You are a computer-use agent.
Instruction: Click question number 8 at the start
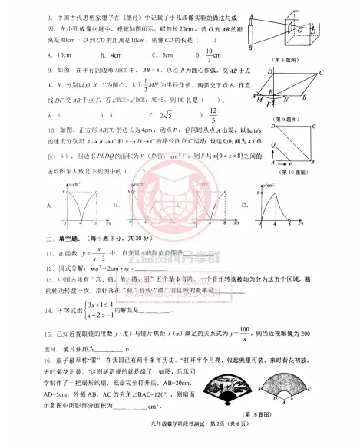[x=50, y=15]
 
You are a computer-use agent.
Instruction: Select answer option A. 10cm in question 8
[x=61, y=55]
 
